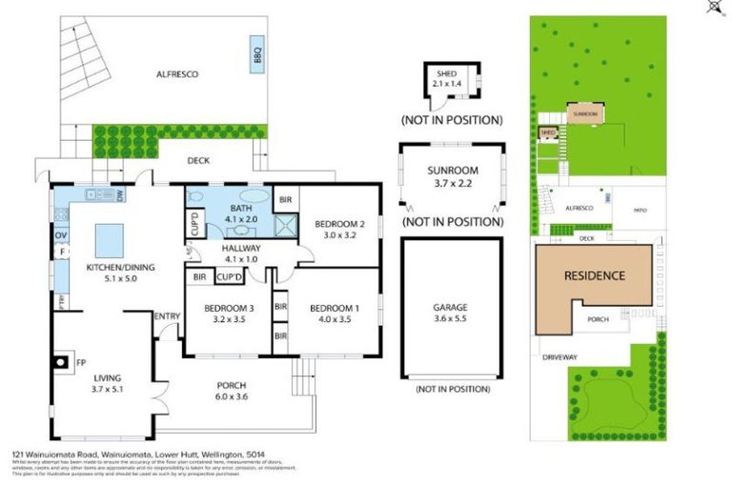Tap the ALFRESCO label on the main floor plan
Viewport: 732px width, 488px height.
pos(177,73)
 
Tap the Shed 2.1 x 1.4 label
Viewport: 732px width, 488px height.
pos(446,78)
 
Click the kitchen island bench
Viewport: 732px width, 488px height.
pos(111,235)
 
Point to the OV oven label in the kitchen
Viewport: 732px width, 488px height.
pos(60,234)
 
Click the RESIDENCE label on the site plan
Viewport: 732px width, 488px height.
pos(594,276)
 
